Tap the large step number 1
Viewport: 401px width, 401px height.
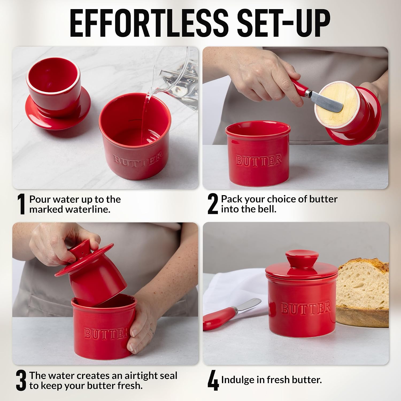[x=21, y=204]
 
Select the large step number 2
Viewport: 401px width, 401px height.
[x=213, y=204]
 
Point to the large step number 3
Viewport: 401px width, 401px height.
[x=21, y=381]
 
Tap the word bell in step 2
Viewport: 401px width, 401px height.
[x=267, y=209]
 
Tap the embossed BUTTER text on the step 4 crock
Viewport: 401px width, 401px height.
[x=306, y=309]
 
